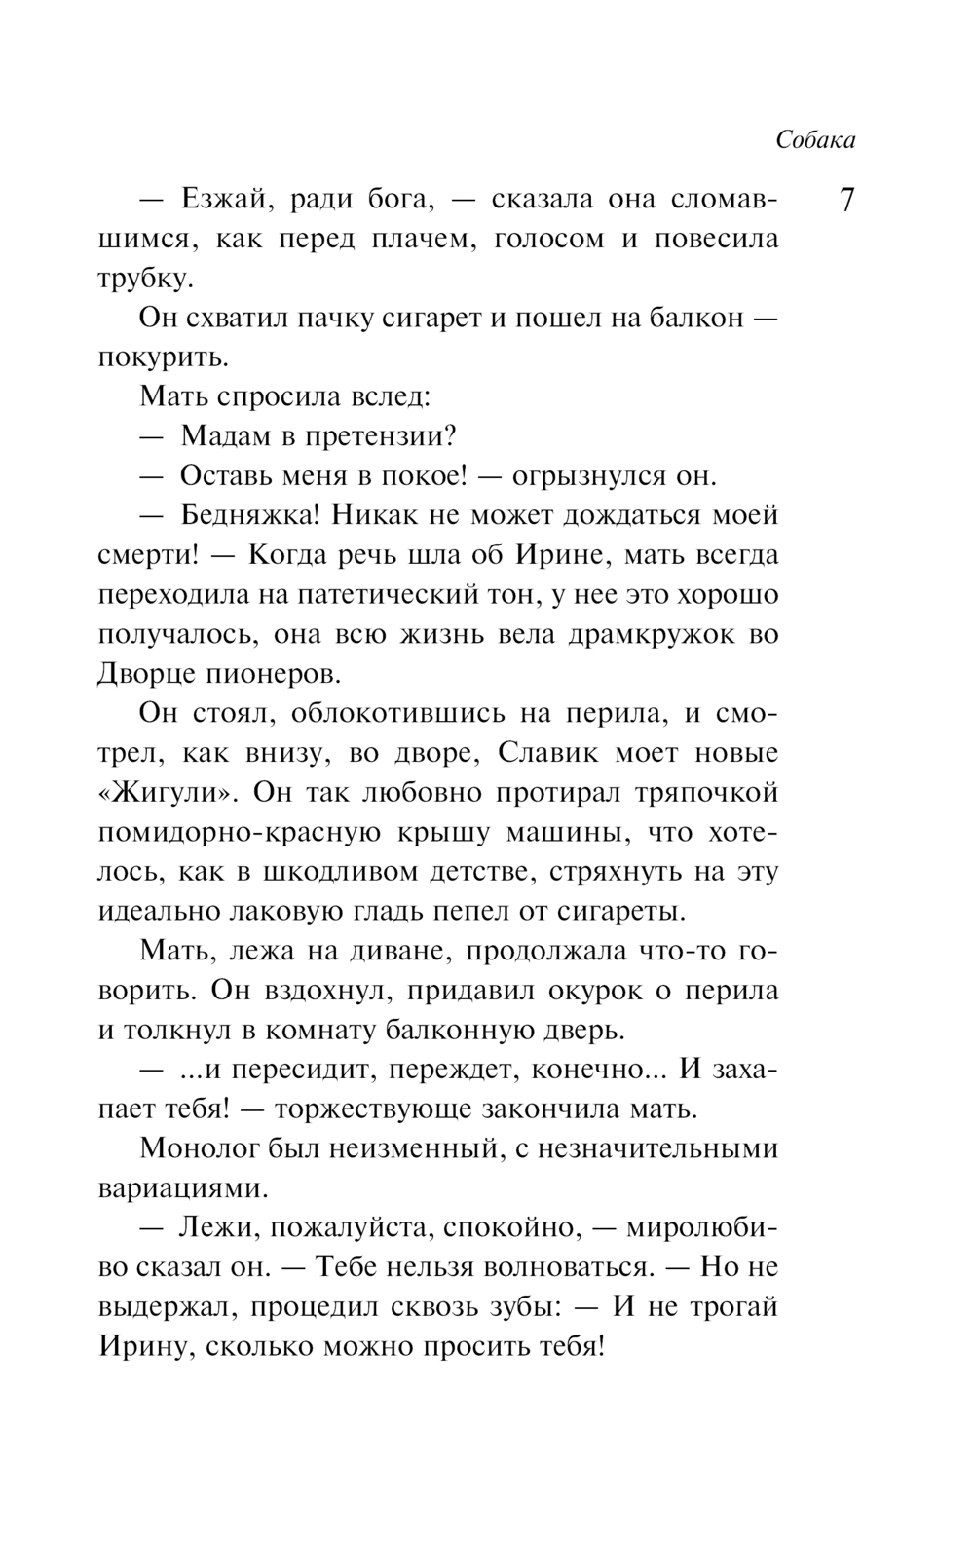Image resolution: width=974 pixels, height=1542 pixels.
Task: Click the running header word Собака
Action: pyautogui.click(x=815, y=140)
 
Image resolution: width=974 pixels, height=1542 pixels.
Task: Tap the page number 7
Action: pyautogui.click(x=846, y=202)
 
